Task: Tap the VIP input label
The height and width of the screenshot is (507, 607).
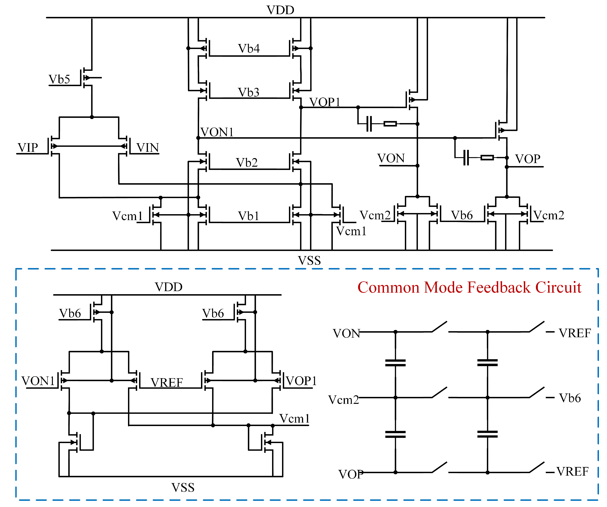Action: (x=28, y=148)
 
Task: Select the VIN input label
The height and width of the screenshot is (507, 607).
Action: (x=147, y=148)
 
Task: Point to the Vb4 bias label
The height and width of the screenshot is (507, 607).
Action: (x=249, y=48)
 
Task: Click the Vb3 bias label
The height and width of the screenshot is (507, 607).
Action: (x=249, y=92)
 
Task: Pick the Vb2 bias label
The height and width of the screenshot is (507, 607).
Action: (x=247, y=162)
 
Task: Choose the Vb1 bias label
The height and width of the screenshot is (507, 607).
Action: (x=248, y=216)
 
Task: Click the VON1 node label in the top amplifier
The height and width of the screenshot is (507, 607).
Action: (x=217, y=132)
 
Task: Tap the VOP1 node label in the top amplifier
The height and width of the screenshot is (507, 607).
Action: (x=325, y=102)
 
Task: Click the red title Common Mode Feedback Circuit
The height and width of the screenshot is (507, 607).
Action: (x=469, y=288)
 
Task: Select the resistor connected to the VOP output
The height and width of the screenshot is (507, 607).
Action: (x=487, y=158)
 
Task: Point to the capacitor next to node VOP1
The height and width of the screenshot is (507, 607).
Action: (x=369, y=124)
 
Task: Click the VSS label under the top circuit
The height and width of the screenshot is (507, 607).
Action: (x=309, y=261)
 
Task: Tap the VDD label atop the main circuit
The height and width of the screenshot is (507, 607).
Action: (x=280, y=10)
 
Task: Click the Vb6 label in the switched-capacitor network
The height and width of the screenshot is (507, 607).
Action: (x=570, y=398)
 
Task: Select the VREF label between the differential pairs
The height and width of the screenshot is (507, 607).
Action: (x=167, y=383)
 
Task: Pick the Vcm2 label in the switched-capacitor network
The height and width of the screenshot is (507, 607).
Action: (x=343, y=400)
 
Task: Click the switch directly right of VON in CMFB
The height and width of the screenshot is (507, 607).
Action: (x=439, y=327)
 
